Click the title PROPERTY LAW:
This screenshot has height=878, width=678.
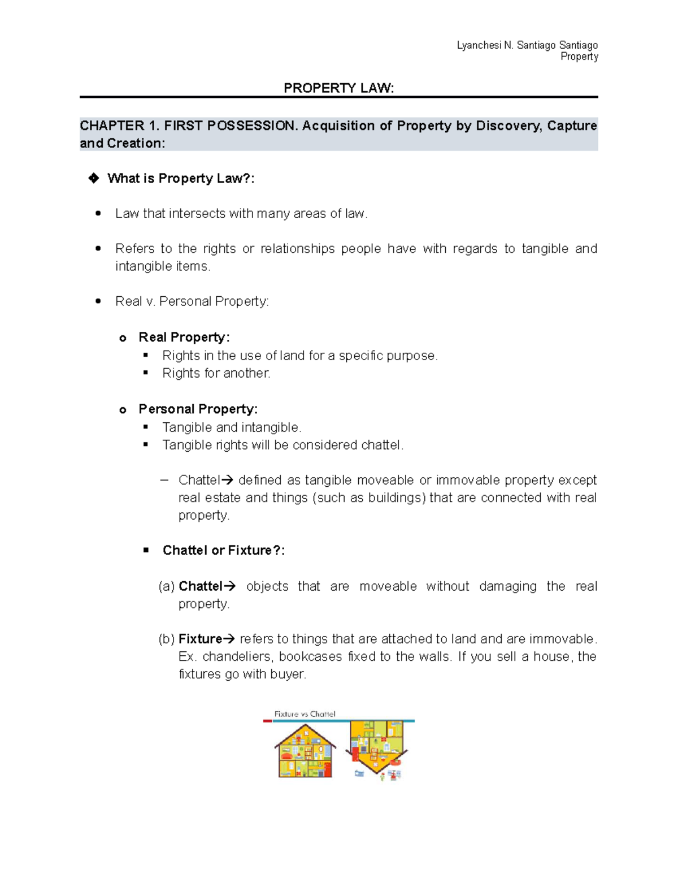[338, 88]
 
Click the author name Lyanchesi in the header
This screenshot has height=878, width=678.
[479, 45]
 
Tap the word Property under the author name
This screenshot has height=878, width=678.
[579, 57]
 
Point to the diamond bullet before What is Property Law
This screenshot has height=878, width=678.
[93, 179]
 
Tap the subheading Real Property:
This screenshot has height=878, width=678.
[184, 338]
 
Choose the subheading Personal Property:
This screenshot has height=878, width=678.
[198, 409]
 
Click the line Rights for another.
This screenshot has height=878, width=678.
[216, 373]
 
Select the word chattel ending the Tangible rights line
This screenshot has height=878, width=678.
[382, 445]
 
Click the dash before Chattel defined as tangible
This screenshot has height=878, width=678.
[164, 480]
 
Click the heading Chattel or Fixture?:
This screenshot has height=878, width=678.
[223, 551]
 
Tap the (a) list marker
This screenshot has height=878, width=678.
[166, 586]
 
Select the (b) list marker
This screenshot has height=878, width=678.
[166, 639]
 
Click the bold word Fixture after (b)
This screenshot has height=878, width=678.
[200, 639]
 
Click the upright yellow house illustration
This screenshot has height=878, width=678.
[305, 751]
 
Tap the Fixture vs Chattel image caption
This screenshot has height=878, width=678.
[305, 714]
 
